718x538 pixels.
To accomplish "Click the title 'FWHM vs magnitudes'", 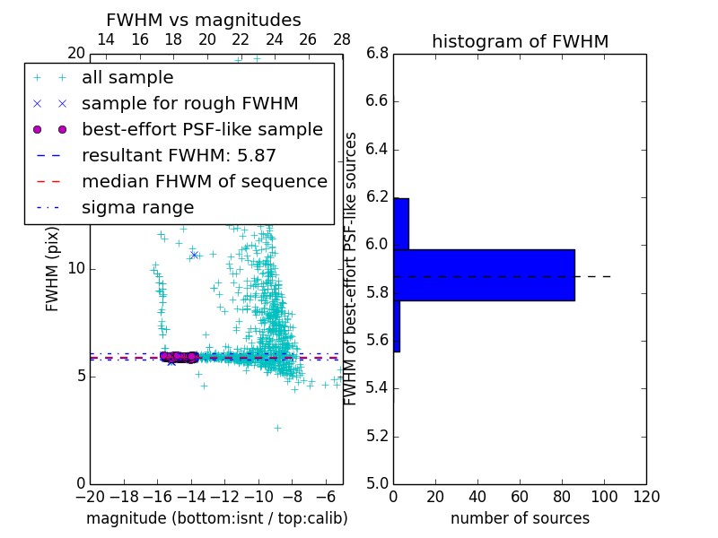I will click(x=204, y=21).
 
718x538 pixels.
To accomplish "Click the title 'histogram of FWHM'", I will click(x=520, y=42).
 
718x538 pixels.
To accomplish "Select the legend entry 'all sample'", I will click(x=127, y=78).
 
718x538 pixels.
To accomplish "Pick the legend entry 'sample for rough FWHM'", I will click(x=189, y=104).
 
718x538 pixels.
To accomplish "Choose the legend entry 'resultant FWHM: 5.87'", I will click(x=179, y=156).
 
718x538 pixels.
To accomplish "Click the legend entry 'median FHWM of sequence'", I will click(x=204, y=182).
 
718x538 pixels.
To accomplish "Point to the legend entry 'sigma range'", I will click(x=137, y=208).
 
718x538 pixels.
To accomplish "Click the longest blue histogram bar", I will click(x=484, y=275).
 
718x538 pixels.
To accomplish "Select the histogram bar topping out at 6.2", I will click(x=401, y=223).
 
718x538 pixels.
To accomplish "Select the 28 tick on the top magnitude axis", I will click(x=342, y=40).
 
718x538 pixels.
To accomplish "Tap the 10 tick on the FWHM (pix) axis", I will click(x=76, y=269).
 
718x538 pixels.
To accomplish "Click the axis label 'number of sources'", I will click(x=520, y=518).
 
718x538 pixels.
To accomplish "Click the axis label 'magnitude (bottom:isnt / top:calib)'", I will click(x=216, y=518).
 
